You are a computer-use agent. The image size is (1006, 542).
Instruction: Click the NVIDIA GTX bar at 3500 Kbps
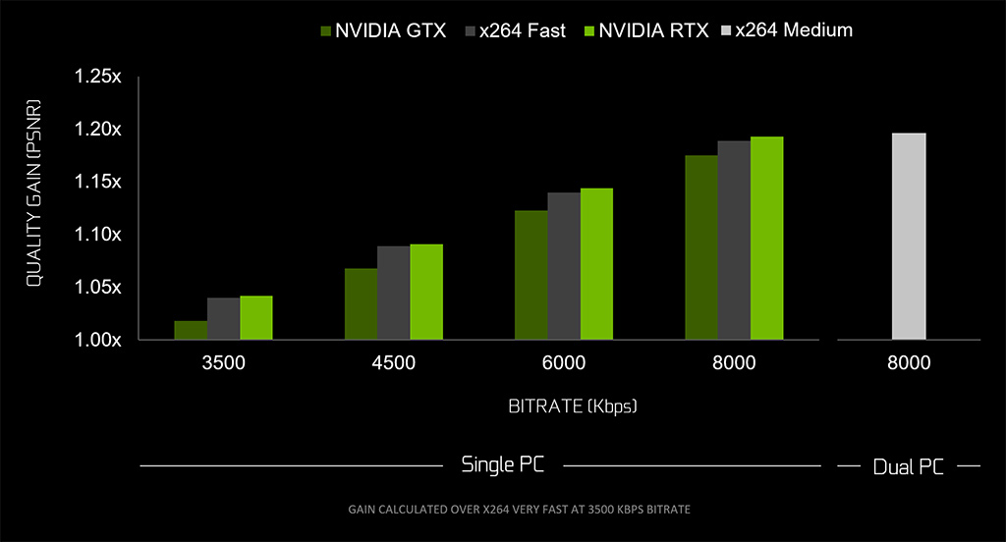point(191,331)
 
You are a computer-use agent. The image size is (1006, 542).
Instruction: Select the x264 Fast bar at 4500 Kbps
point(393,293)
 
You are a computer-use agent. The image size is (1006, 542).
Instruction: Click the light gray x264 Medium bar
point(909,237)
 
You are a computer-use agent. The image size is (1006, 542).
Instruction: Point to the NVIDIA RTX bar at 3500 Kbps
point(256,318)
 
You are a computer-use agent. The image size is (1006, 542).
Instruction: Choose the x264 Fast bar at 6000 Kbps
point(563,266)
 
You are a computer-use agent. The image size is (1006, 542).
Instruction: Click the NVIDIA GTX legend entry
point(383,30)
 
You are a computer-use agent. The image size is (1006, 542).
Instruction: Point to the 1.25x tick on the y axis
point(97,78)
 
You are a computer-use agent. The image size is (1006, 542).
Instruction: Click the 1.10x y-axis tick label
point(97,235)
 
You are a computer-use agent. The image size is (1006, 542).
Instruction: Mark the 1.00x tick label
point(97,341)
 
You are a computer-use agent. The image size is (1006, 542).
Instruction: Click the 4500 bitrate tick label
point(393,363)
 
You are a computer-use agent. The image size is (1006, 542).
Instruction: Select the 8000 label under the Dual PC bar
point(909,363)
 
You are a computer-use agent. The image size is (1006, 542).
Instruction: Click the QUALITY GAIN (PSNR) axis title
point(33,191)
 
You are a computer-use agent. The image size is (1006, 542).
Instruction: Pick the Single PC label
point(503,464)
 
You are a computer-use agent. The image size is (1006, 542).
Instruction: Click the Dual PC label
point(909,467)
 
